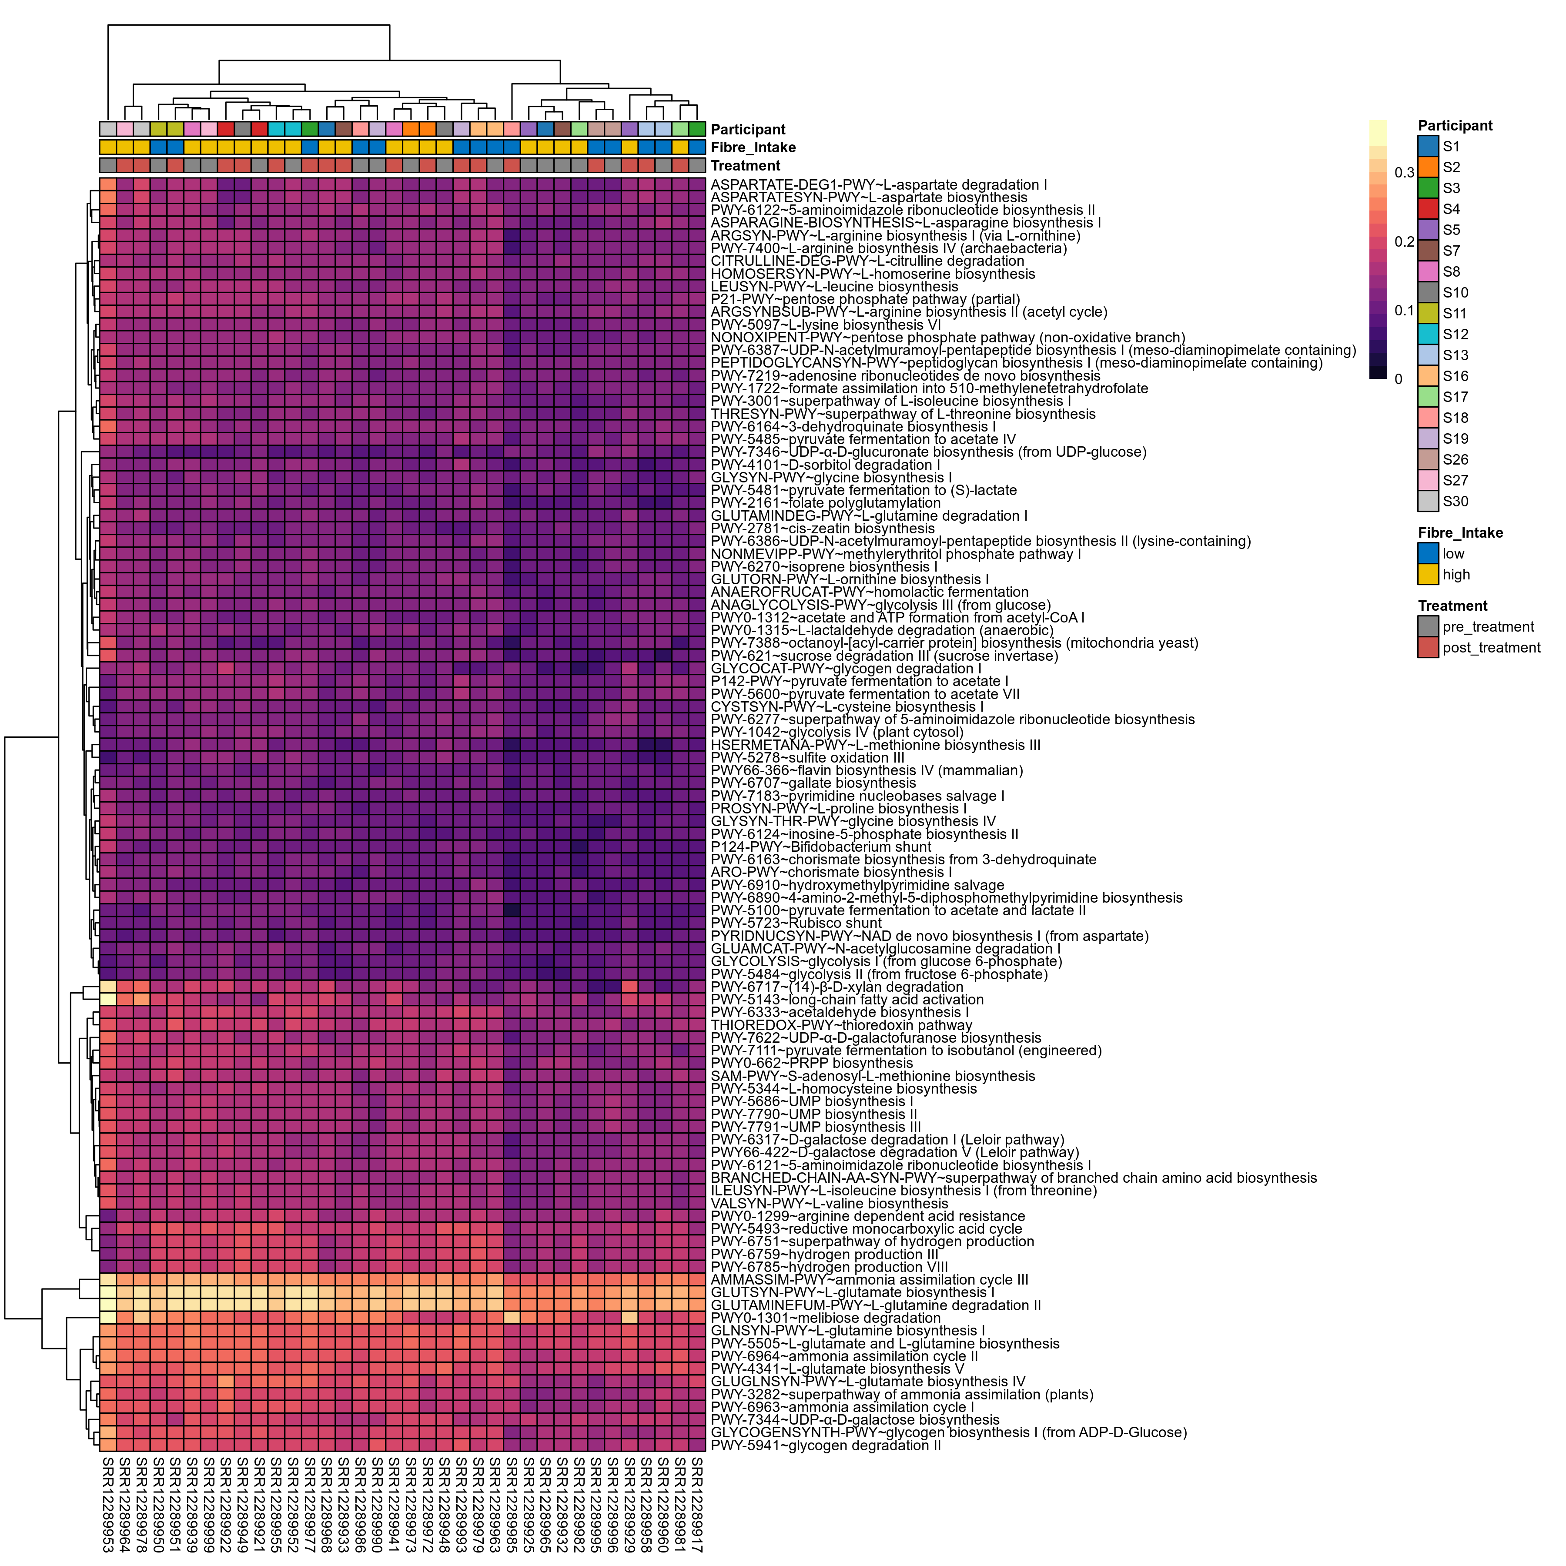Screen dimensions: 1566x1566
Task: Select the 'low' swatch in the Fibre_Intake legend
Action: [1428, 554]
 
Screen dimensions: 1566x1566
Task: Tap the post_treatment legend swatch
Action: [1428, 648]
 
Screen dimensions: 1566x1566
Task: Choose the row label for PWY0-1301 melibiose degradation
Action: [825, 1318]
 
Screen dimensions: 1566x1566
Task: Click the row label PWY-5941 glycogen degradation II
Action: [825, 1445]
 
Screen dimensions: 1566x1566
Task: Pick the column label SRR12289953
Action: [108, 1504]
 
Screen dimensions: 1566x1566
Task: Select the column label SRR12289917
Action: [697, 1504]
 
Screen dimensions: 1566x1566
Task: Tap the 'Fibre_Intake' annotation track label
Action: [753, 147]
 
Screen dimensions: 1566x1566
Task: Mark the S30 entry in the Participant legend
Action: [1428, 502]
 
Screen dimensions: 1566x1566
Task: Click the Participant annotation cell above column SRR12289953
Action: [108, 129]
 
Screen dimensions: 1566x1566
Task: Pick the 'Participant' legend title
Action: [1455, 126]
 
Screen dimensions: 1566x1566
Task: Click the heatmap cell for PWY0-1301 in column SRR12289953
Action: [108, 1318]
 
